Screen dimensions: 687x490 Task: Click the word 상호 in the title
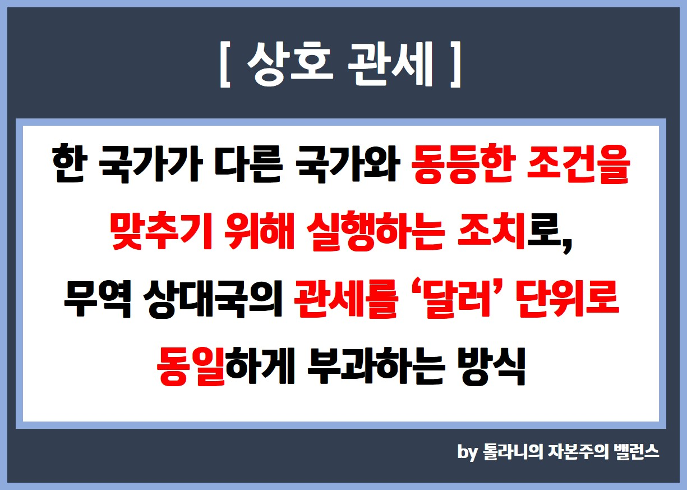[x=290, y=65]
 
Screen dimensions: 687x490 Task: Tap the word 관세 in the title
[x=390, y=65]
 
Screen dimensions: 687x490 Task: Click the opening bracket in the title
[x=225, y=65]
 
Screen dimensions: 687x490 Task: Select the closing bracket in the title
[x=456, y=65]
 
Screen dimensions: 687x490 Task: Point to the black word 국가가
[x=151, y=164]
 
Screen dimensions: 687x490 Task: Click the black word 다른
[x=248, y=164]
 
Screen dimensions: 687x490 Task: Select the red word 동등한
[x=462, y=164]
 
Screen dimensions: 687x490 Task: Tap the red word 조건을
[x=578, y=164]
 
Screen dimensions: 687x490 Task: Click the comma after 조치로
[x=568, y=247]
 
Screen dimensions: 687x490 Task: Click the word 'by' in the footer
[x=468, y=452]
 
